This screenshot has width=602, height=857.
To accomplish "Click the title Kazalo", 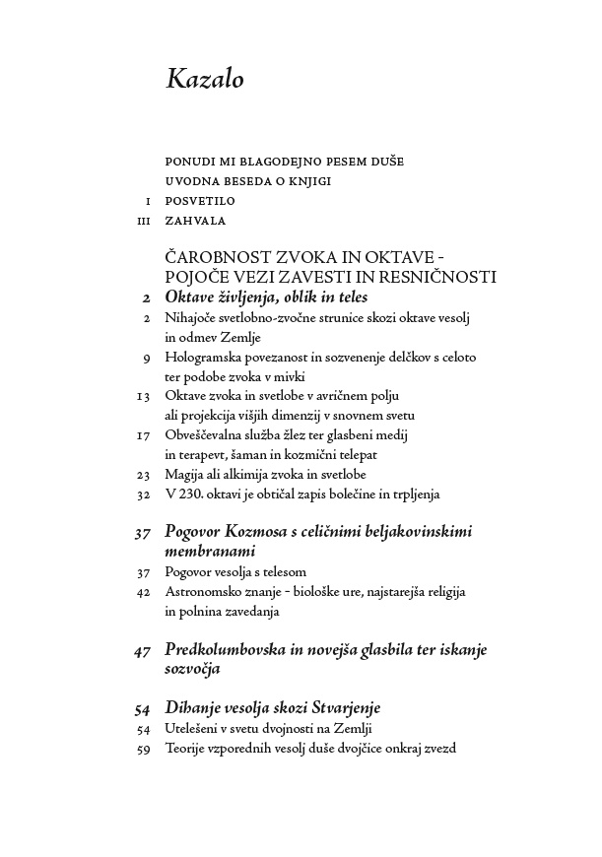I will tap(204, 80).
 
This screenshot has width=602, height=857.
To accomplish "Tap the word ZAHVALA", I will tap(195, 221).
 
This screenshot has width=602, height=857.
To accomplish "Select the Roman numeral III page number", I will tap(143, 222).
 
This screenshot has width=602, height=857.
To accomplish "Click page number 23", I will tap(143, 474).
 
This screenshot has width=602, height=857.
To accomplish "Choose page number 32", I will tap(143, 493).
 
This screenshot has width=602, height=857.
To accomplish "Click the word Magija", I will tap(186, 474).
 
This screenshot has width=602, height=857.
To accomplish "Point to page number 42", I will tap(143, 591).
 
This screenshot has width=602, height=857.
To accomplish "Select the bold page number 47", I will tap(141, 650).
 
